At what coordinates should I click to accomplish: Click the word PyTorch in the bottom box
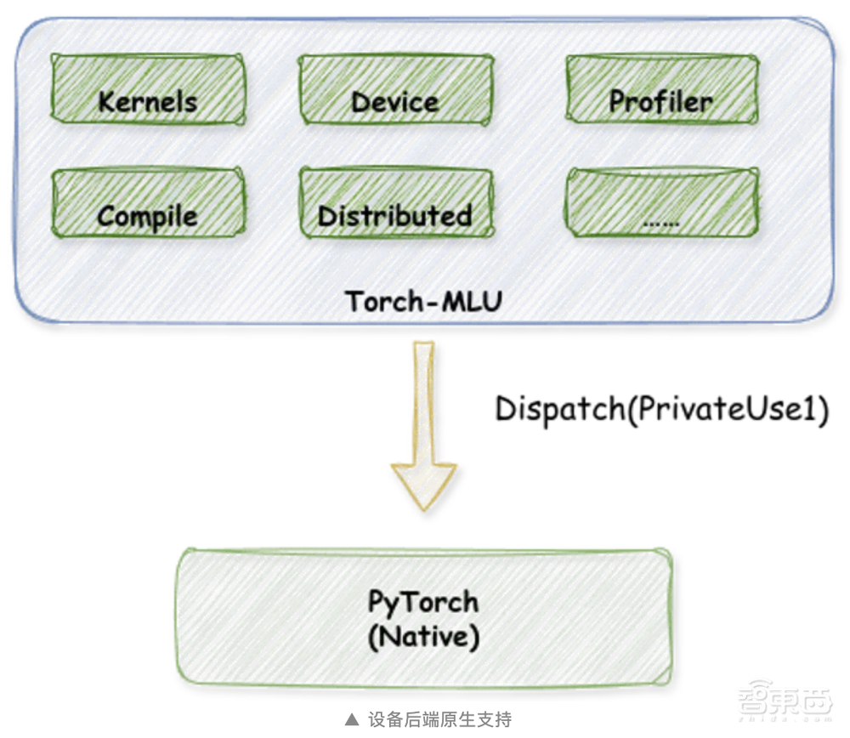coord(422,602)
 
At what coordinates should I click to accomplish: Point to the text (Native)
coord(422,636)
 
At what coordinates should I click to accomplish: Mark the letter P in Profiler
coord(618,101)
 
